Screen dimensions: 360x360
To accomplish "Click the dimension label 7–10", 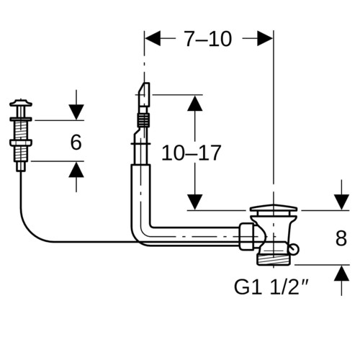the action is [208, 39].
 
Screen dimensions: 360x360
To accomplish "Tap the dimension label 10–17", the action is [192, 153].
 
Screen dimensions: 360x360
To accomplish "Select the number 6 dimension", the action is [76, 143].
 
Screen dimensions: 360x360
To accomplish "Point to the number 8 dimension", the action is [341, 238].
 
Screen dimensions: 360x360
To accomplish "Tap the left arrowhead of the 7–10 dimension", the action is [153, 38].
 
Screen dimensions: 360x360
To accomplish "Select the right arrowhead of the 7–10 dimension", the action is [265, 38].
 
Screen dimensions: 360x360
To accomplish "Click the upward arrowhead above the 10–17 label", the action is [194, 103].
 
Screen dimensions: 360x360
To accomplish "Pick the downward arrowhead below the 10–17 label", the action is [194, 202].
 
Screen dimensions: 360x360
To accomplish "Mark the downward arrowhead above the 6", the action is [76, 112].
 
